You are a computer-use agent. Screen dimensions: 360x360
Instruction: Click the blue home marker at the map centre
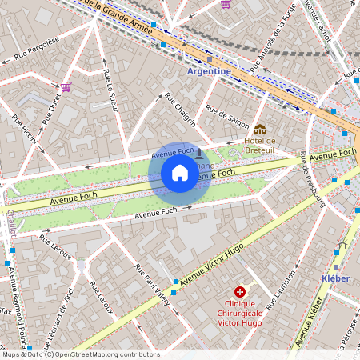179,173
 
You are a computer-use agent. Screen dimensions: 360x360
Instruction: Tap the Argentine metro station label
208,71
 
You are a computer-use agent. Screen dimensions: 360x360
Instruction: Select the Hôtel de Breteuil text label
260,145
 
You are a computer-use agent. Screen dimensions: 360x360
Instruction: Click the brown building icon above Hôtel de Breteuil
260,129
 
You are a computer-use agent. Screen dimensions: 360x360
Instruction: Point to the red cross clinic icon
240,294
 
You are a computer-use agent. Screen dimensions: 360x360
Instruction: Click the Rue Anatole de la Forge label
273,38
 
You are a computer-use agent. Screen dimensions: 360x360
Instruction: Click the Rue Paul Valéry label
150,285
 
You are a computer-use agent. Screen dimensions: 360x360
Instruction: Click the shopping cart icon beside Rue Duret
66,87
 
